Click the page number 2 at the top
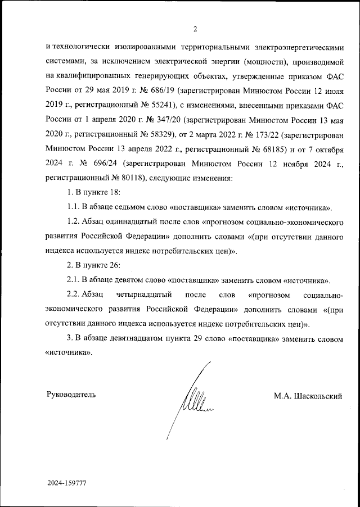click(x=195, y=29)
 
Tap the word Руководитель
click(x=70, y=395)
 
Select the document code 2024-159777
click(x=67, y=483)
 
